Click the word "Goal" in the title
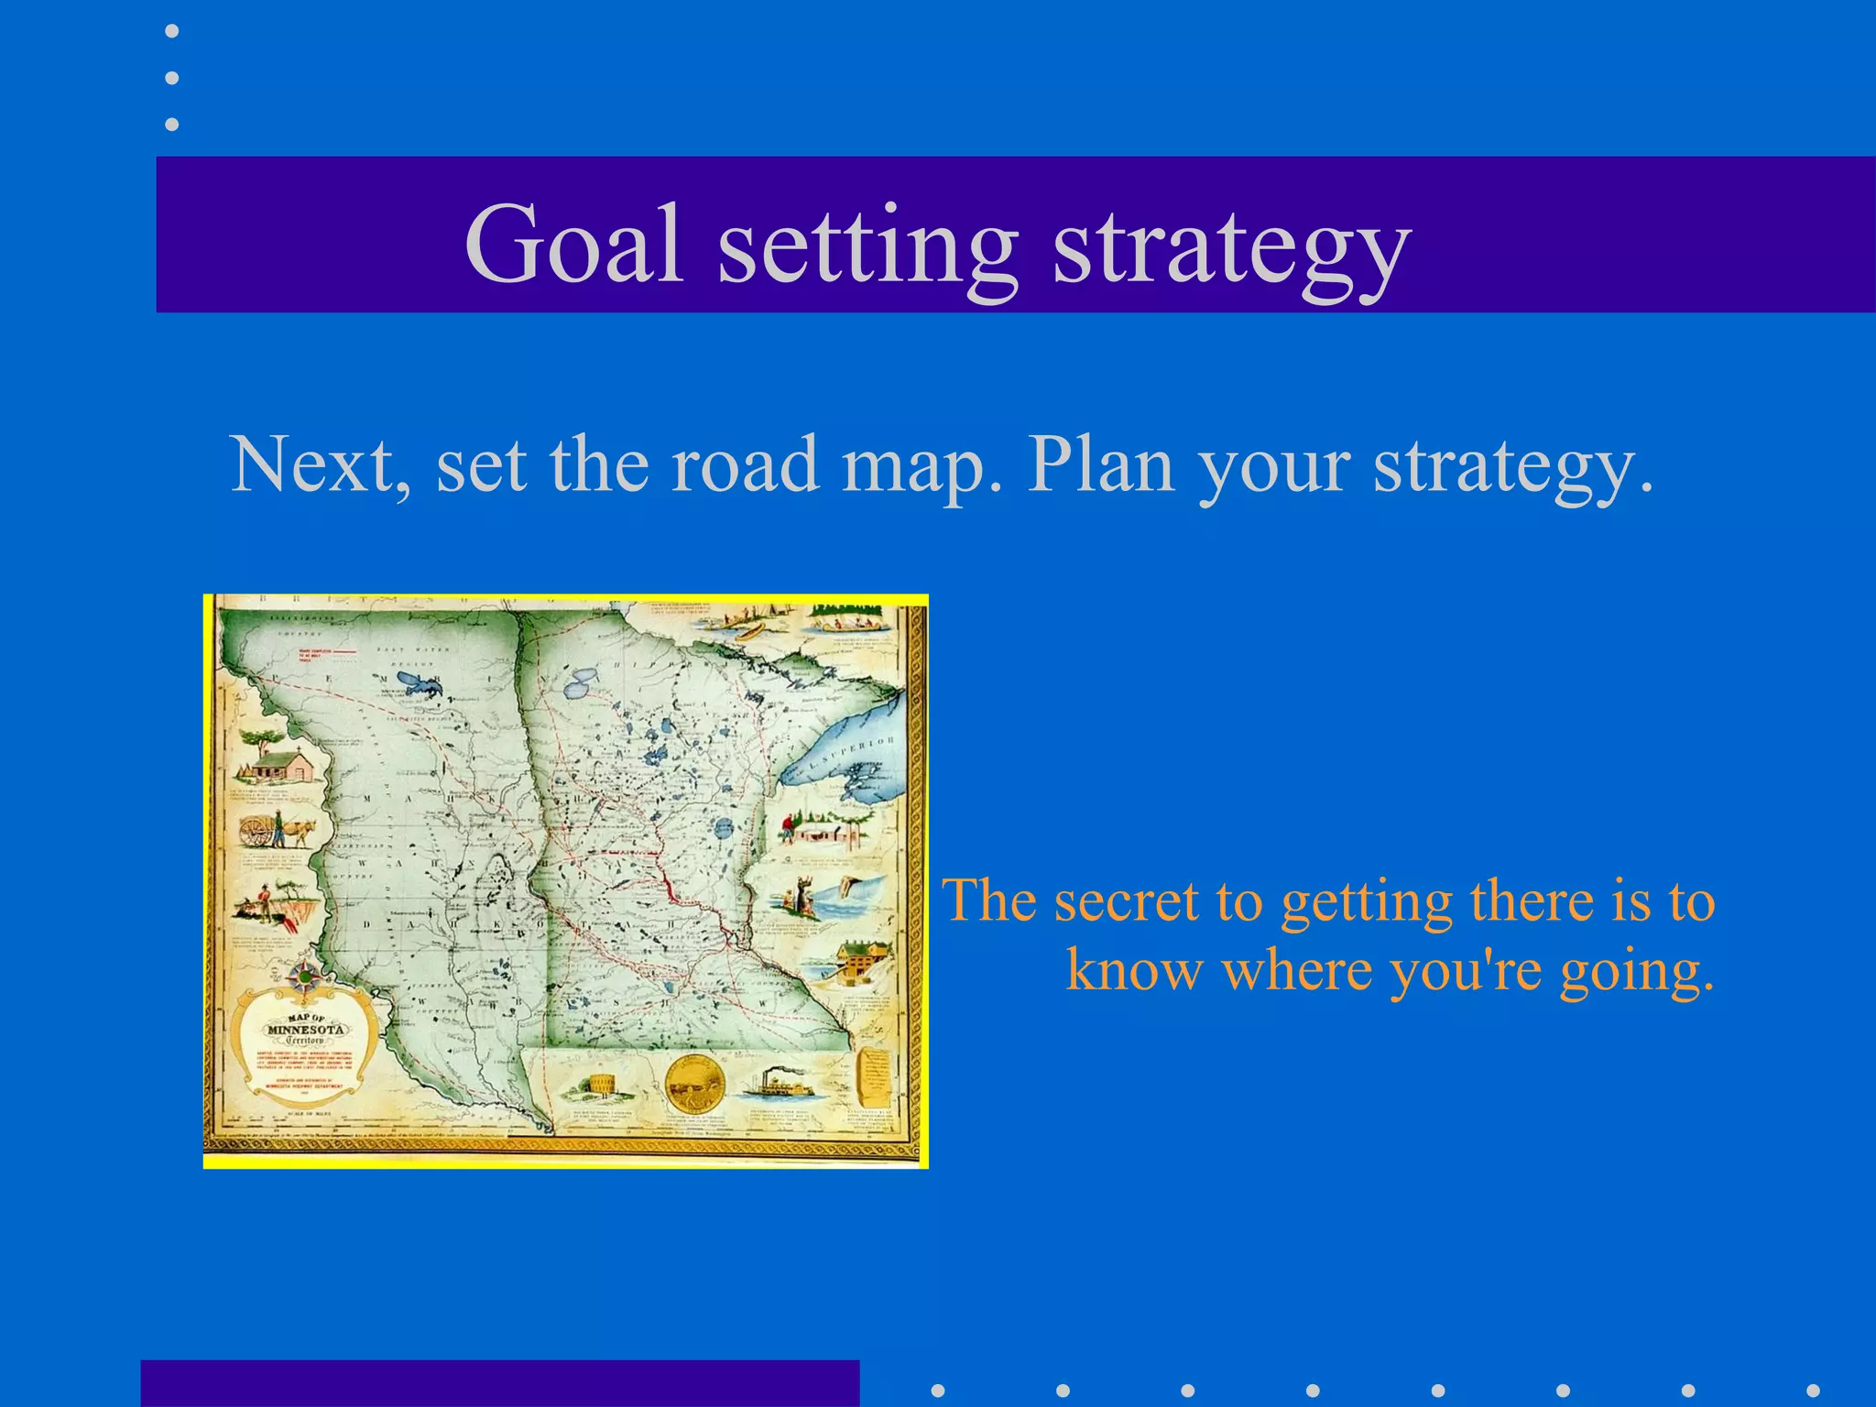(x=574, y=244)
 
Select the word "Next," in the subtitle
(x=320, y=465)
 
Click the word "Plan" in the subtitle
(x=1100, y=464)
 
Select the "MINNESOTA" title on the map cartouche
(x=305, y=1029)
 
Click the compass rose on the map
(x=305, y=976)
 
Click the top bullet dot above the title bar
(x=171, y=31)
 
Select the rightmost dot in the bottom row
(x=1813, y=1391)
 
